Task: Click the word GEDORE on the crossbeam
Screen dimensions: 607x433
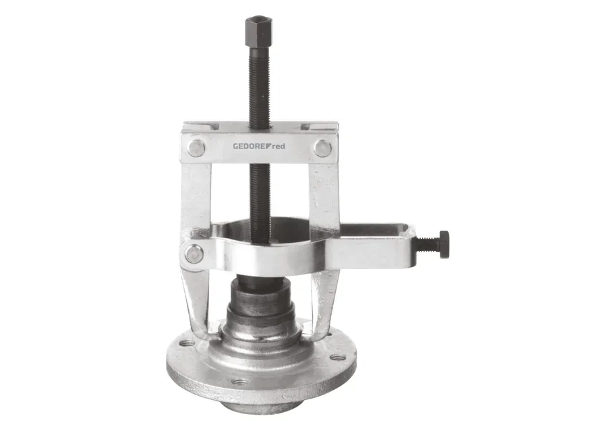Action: click(249, 146)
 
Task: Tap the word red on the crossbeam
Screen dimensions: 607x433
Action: click(279, 146)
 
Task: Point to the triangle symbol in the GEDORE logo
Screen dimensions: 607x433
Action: click(268, 146)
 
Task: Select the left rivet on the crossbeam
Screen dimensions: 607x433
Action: click(196, 148)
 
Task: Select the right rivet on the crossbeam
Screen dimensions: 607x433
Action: click(322, 148)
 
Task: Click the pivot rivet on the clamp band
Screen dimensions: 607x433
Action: click(194, 254)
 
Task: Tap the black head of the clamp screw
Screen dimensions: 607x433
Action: click(444, 245)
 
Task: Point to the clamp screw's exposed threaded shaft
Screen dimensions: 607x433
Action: click(427, 244)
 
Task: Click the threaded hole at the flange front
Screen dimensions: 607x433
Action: click(240, 382)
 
